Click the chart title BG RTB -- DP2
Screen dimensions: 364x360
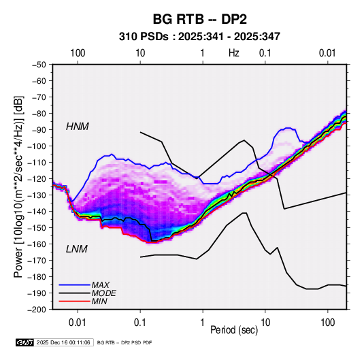point(199,19)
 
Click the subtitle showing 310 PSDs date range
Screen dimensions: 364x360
point(199,37)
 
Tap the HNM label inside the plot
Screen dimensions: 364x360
point(78,127)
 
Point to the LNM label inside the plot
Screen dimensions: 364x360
point(77,249)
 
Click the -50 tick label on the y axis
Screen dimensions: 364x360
point(39,65)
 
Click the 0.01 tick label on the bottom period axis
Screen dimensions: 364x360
point(78,323)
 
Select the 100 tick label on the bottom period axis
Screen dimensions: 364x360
point(327,323)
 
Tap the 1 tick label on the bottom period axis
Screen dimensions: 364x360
point(203,323)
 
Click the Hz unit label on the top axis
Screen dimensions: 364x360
point(234,53)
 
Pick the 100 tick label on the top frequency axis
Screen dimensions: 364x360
point(78,53)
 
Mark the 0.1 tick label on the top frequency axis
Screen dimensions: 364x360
point(265,53)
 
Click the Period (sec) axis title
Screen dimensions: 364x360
point(234,330)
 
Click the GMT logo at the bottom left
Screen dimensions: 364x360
point(24,342)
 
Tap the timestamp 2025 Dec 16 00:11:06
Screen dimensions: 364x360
point(63,342)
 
